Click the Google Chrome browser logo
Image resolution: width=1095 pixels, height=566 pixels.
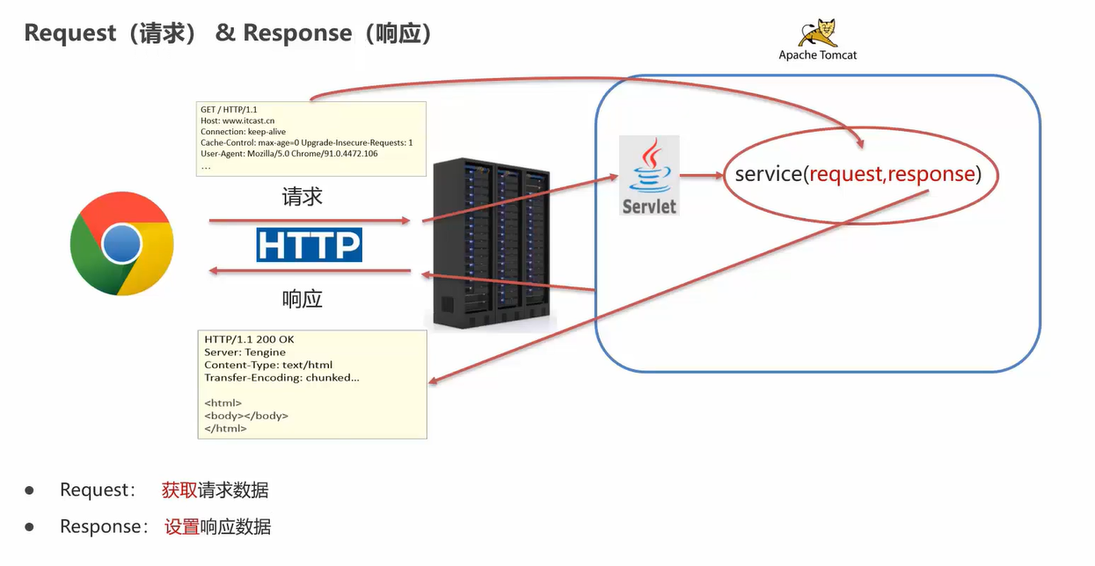[x=121, y=243]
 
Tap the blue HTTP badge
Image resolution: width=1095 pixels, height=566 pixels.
[x=309, y=244]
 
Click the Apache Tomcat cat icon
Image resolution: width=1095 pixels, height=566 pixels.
[x=818, y=33]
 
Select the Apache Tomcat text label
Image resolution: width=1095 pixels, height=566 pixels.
[x=817, y=55]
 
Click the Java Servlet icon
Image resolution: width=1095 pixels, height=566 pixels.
[x=649, y=175]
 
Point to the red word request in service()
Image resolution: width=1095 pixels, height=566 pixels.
[x=846, y=174]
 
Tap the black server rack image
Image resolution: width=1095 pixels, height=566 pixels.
[x=492, y=243]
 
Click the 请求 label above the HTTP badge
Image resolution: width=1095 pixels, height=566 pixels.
[x=302, y=197]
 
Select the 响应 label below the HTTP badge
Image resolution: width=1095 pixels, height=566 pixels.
[x=302, y=299]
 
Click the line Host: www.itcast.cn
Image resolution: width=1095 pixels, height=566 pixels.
[x=237, y=120]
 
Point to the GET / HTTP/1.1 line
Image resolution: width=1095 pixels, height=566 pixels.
[x=229, y=109]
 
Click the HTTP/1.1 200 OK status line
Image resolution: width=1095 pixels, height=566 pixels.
[x=249, y=339]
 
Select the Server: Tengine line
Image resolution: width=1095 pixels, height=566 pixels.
[x=245, y=352]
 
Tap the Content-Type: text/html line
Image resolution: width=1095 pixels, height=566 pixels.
[x=268, y=365]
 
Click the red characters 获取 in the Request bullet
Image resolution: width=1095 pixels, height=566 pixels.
[x=179, y=490]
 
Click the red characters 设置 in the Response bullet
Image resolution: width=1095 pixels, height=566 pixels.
[x=182, y=527]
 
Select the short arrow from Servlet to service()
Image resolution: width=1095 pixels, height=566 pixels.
[x=702, y=175]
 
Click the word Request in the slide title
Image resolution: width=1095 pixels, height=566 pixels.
[x=70, y=33]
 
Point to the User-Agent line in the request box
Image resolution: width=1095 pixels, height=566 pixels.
[x=288, y=154]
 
